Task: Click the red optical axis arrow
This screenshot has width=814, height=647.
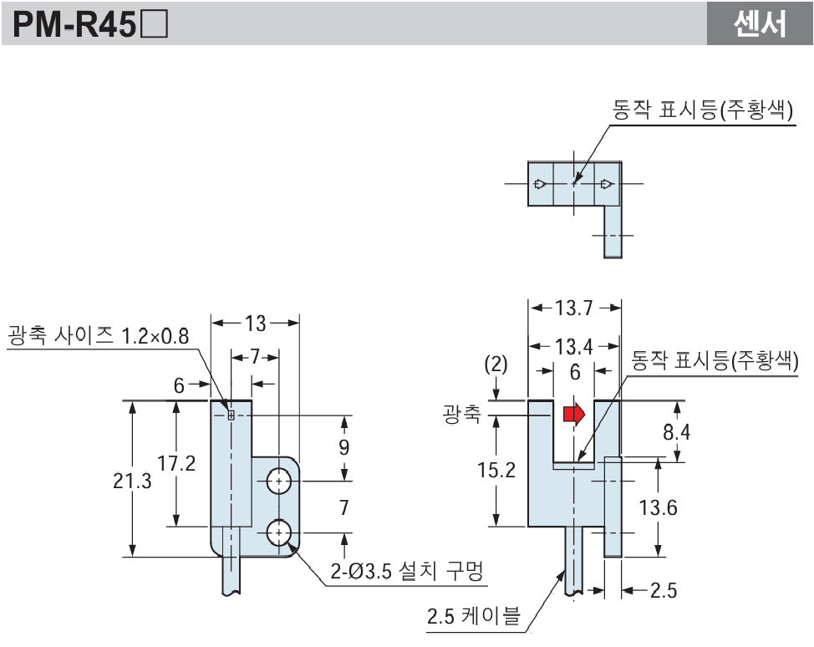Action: point(574,415)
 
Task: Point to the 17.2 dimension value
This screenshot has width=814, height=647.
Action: point(176,462)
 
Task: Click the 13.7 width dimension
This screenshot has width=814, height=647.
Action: point(573,308)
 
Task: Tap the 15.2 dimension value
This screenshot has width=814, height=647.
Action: point(496,471)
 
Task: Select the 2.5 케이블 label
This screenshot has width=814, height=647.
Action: point(473,617)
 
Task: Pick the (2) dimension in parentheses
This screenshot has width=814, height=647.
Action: point(496,366)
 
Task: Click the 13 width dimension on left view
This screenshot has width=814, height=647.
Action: point(255,323)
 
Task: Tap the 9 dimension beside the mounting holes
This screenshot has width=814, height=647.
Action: point(343,446)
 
